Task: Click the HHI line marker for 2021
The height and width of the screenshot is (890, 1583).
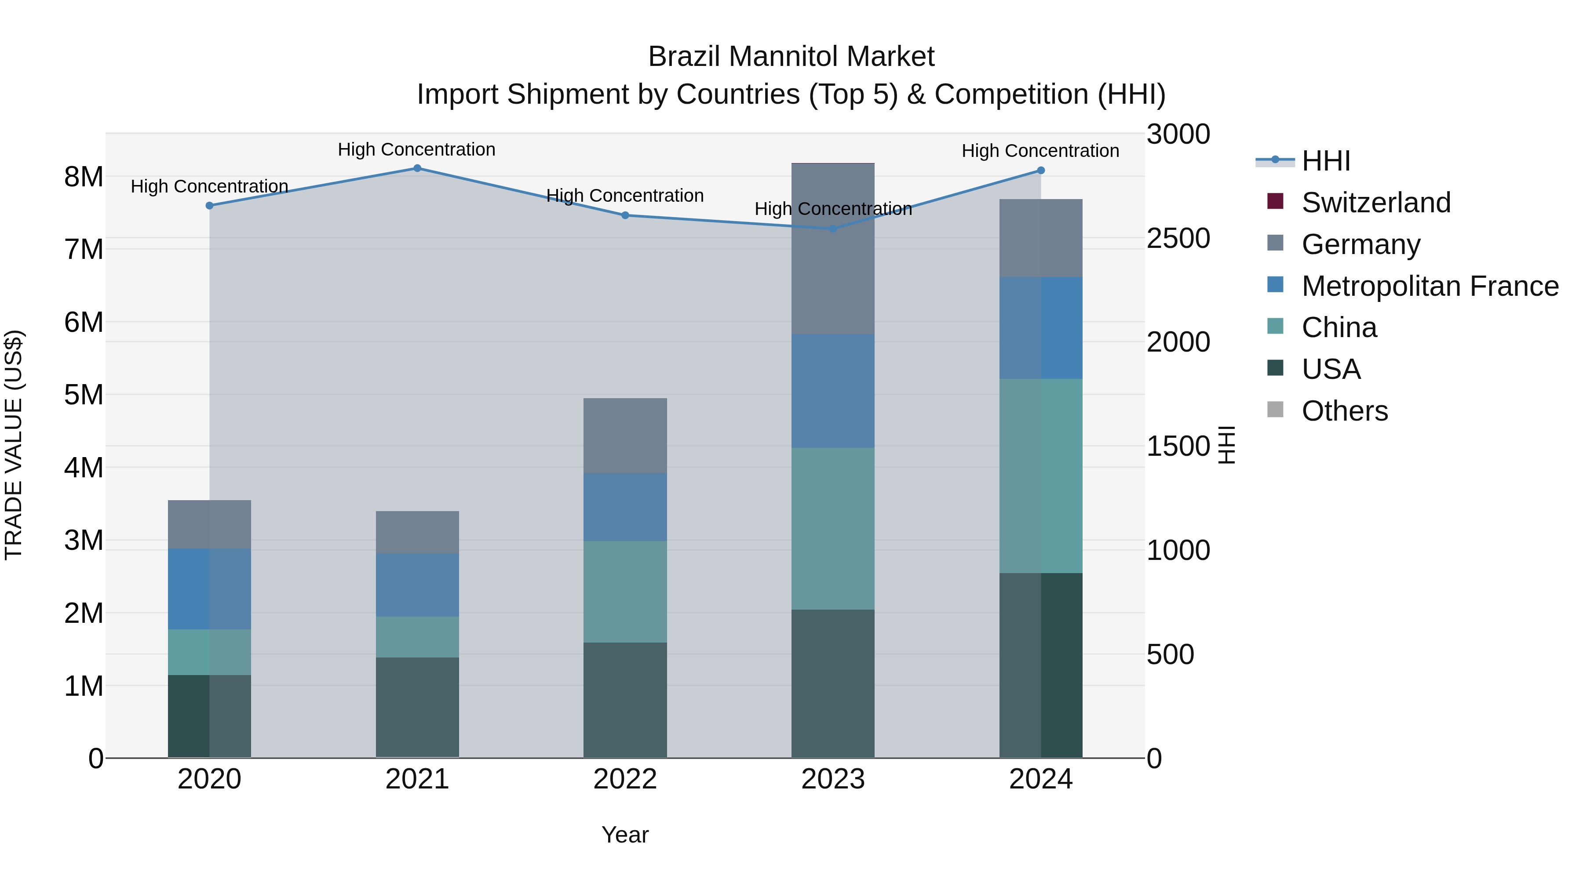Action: click(417, 168)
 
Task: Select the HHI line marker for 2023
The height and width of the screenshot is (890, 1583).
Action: click(833, 229)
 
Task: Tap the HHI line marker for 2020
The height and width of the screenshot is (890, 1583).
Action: click(210, 206)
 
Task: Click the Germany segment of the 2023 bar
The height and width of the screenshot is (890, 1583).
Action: click(833, 249)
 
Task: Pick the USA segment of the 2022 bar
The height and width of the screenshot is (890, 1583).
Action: click(625, 700)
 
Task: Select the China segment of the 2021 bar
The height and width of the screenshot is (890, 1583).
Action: click(417, 637)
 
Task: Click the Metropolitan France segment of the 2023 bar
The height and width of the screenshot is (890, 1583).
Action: click(833, 391)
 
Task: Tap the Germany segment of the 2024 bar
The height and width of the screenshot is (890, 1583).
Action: click(1040, 238)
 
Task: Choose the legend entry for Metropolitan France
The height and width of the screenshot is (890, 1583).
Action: click(1430, 286)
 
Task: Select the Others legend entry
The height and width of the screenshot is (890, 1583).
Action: click(1345, 411)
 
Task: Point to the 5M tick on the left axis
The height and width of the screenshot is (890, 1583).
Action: click(84, 395)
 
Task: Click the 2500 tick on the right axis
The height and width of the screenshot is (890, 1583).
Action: click(1178, 238)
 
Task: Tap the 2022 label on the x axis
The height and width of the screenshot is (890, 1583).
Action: click(625, 779)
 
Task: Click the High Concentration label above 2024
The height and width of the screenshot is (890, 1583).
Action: click(1040, 150)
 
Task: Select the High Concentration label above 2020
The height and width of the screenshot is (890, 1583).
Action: click(210, 186)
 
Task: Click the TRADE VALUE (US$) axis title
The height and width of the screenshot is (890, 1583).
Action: click(14, 445)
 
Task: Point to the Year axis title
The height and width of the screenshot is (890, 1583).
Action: click(625, 835)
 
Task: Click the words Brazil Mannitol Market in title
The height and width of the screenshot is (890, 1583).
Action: click(791, 57)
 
